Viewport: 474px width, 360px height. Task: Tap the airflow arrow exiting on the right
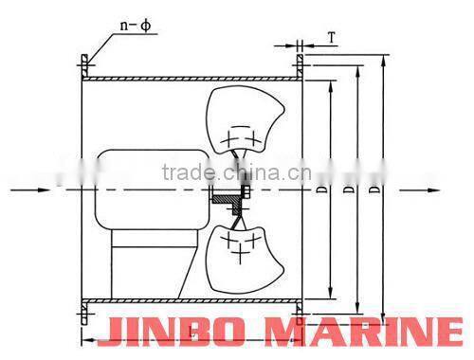coord(417,190)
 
